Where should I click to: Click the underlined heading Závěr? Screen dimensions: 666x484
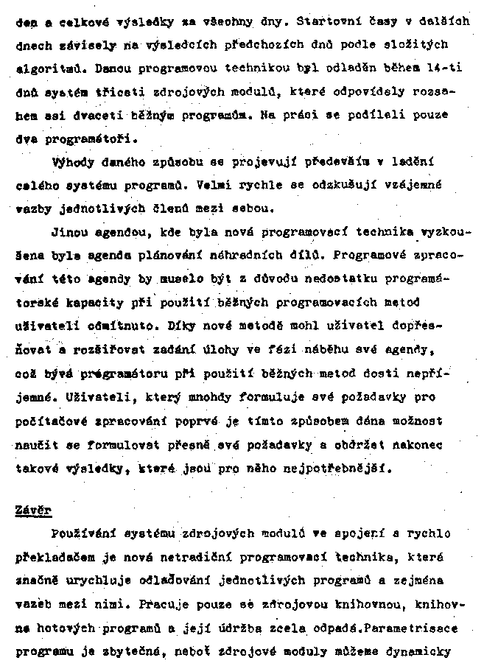[34, 509]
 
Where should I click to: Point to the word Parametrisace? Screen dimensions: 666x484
[408, 630]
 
